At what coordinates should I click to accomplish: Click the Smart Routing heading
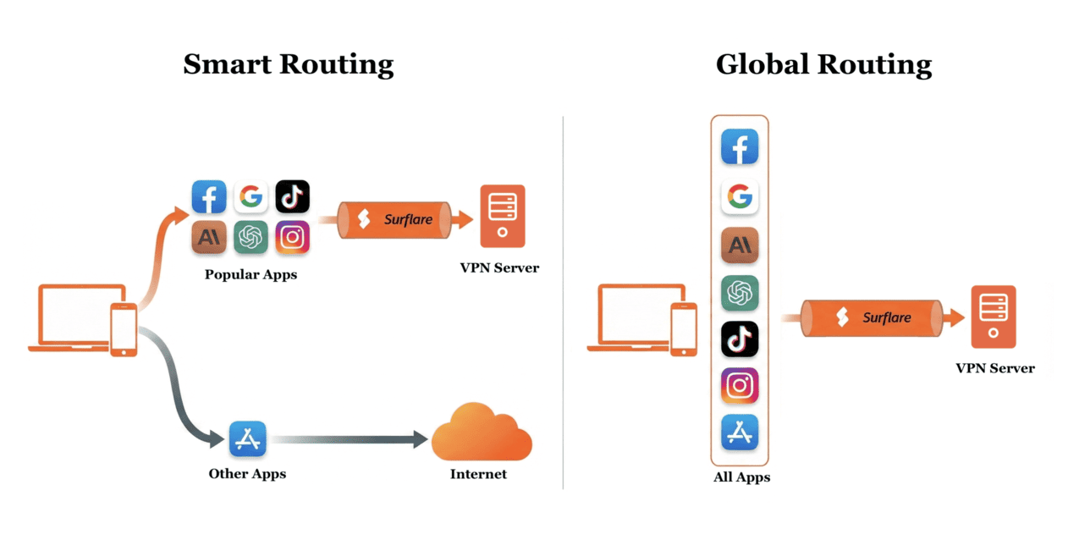point(288,65)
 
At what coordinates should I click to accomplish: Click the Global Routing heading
point(823,65)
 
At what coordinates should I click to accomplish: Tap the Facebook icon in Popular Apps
point(209,197)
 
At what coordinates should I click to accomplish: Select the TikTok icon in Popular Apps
point(292,197)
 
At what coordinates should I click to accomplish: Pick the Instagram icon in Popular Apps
point(292,238)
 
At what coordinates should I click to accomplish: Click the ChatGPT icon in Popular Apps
point(250,238)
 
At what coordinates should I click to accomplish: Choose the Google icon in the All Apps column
point(740,197)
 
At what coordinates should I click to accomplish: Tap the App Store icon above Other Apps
point(248,439)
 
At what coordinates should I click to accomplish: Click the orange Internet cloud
point(481,433)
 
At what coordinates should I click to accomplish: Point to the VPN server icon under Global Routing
point(994,317)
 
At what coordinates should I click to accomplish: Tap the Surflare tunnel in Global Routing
point(872,318)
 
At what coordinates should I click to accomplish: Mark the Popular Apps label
point(250,275)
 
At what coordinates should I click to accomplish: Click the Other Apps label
point(247,474)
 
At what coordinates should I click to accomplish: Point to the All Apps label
point(741,477)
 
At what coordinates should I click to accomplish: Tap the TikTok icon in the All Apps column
point(740,339)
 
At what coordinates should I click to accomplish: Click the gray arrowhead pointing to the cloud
point(418,439)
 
